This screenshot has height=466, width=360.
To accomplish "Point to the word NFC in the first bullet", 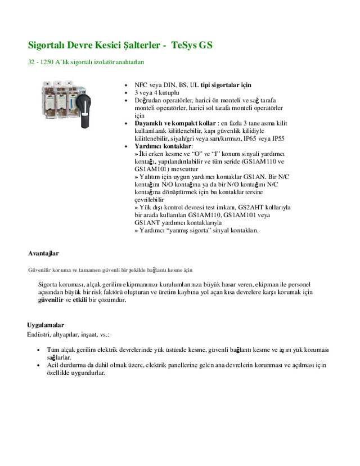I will tap(141, 84).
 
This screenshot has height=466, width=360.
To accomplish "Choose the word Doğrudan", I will tap(149, 100).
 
